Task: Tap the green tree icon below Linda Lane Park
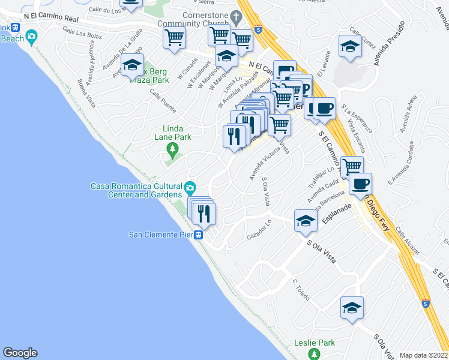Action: pos(173,148)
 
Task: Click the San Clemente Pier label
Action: pos(161,235)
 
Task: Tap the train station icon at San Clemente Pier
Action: pos(199,235)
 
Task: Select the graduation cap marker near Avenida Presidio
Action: pos(349,47)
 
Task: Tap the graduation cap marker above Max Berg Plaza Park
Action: pos(132,65)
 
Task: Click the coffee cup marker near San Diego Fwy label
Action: pos(360,184)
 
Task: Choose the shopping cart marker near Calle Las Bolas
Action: pos(174,38)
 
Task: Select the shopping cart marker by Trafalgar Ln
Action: pos(352,166)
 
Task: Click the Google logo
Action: pos(20,353)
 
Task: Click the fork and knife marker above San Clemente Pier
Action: pos(204,213)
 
